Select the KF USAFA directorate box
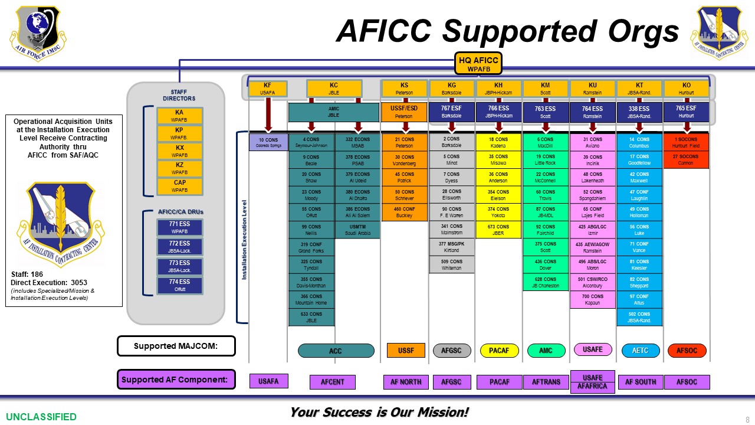(268, 89)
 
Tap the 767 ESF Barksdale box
(451, 112)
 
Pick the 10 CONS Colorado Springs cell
(268, 143)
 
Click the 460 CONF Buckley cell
(404, 212)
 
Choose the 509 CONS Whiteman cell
(451, 264)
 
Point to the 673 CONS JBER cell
(498, 230)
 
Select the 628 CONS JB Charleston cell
(546, 282)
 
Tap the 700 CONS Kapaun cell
(593, 299)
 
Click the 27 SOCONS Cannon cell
(685, 160)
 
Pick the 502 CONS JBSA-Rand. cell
(639, 317)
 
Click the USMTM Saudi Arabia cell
(357, 230)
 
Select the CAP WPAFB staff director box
(180, 187)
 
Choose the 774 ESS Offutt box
(180, 286)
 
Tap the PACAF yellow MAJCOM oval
(498, 351)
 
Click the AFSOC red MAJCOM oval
(687, 351)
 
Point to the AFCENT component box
(333, 382)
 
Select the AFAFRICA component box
(592, 387)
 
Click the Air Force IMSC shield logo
(37, 31)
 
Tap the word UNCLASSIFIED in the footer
(41, 417)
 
